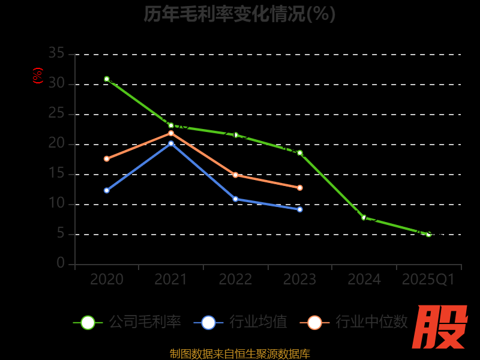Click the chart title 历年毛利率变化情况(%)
(239, 14)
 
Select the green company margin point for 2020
(107, 79)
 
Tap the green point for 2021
(171, 125)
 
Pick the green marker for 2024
(364, 218)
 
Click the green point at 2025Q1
(428, 234)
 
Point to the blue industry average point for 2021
(171, 143)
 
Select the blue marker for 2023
(300, 209)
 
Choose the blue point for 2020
(107, 190)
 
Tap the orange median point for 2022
(235, 175)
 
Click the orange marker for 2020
(107, 159)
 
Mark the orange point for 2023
(300, 188)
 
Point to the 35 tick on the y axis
(56, 54)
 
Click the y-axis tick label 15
(56, 174)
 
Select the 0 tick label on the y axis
(61, 263)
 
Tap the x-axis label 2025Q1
(428, 280)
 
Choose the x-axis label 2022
(235, 280)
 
